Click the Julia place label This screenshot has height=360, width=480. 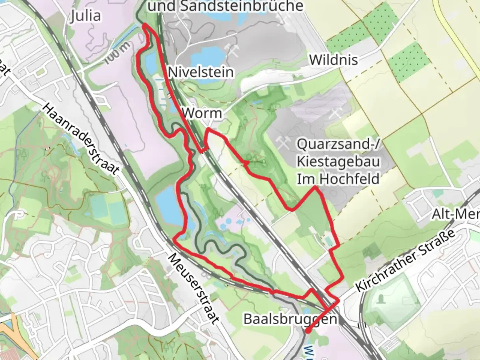[86, 16]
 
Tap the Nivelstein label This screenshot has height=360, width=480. [201, 72]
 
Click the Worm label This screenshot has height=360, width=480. [202, 113]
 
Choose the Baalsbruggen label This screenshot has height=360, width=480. [290, 319]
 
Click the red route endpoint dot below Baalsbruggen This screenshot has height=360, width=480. [307, 331]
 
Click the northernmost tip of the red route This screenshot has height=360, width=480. [145, 25]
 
